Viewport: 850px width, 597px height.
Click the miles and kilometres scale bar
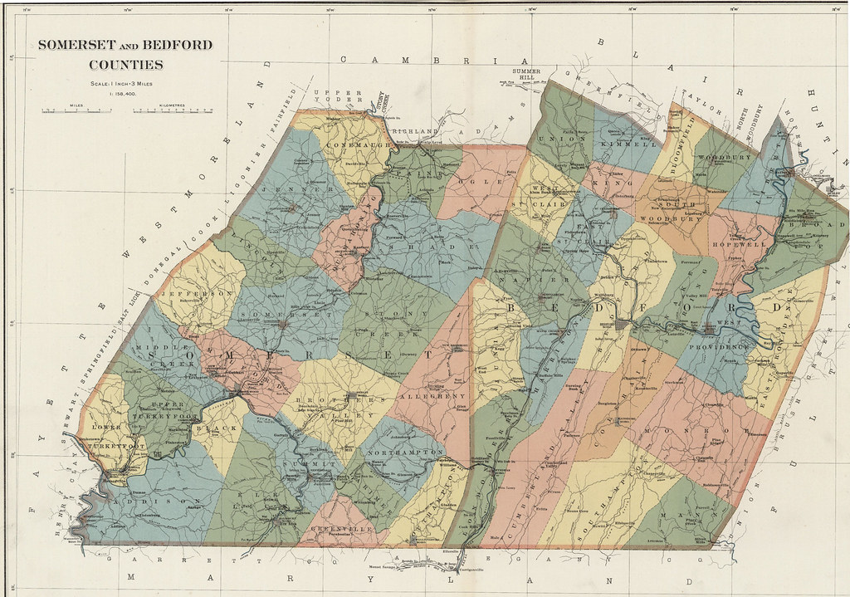tap(125, 110)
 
